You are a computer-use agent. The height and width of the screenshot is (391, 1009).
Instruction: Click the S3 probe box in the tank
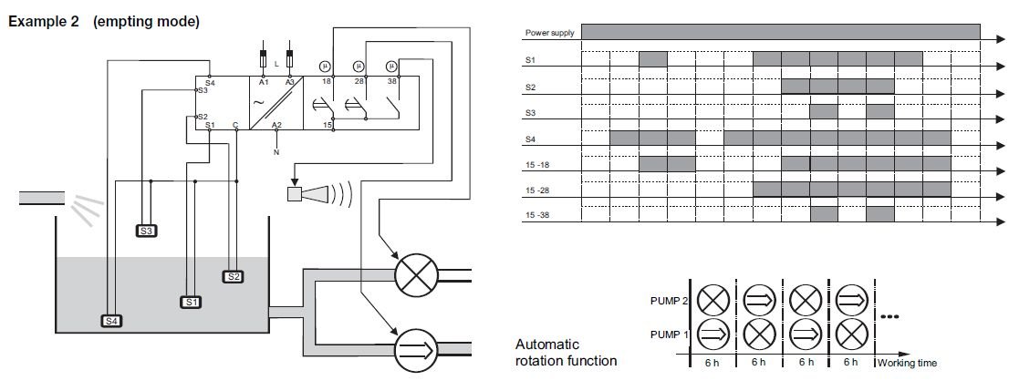click(x=148, y=231)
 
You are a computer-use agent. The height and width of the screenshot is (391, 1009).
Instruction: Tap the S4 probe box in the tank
click(x=110, y=320)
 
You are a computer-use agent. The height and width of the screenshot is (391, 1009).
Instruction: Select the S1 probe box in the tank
click(x=190, y=301)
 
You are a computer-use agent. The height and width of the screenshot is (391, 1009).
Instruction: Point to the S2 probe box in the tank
click(x=233, y=276)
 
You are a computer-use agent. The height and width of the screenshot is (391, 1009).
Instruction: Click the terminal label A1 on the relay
click(x=263, y=82)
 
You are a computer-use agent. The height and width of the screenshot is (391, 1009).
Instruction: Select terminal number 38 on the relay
click(x=392, y=82)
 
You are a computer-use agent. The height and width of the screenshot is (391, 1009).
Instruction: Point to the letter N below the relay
click(x=276, y=152)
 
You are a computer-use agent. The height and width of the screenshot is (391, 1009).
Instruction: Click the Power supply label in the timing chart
click(x=549, y=34)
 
